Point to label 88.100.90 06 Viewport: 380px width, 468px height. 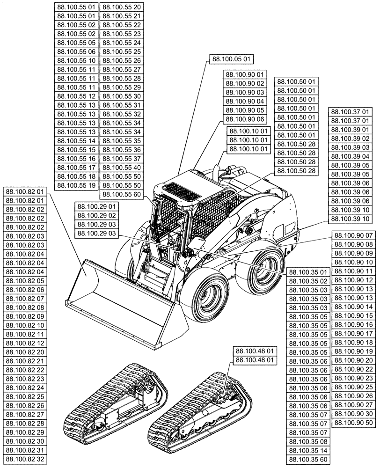click(245, 119)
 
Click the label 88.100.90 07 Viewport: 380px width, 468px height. click(355, 235)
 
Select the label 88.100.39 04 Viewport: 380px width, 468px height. click(350, 156)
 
